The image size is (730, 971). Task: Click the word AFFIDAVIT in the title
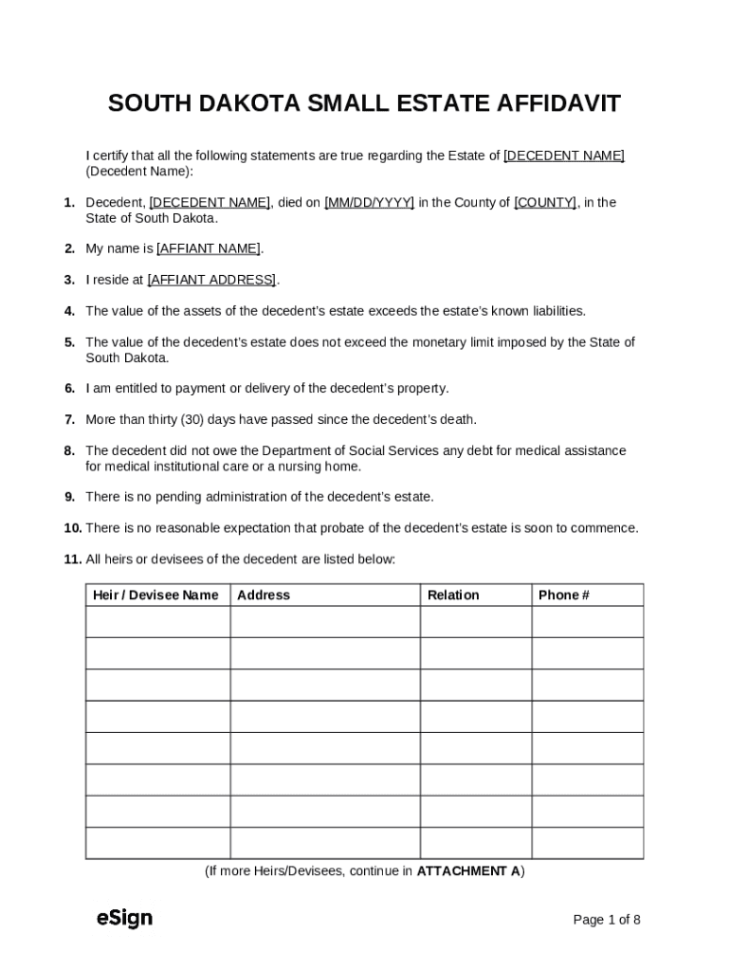pyautogui.click(x=558, y=103)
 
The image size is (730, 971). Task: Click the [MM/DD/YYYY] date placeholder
pyautogui.click(x=369, y=202)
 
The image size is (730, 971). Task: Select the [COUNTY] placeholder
pyautogui.click(x=545, y=202)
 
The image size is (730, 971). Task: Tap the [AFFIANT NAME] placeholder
pyautogui.click(x=209, y=248)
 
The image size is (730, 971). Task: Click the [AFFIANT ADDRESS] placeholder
pyautogui.click(x=211, y=280)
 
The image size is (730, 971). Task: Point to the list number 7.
pyautogui.click(x=70, y=419)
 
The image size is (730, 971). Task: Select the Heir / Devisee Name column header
pyautogui.click(x=155, y=595)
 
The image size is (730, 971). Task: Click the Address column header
pyautogui.click(x=264, y=595)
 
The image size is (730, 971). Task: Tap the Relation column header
pyautogui.click(x=453, y=595)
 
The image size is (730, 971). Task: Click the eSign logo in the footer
pyautogui.click(x=124, y=918)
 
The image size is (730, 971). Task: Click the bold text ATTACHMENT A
pyautogui.click(x=467, y=870)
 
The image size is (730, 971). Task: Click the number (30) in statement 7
pyautogui.click(x=175, y=419)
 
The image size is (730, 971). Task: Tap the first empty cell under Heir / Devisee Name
pyautogui.click(x=157, y=622)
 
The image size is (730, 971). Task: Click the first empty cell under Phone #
pyautogui.click(x=587, y=622)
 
